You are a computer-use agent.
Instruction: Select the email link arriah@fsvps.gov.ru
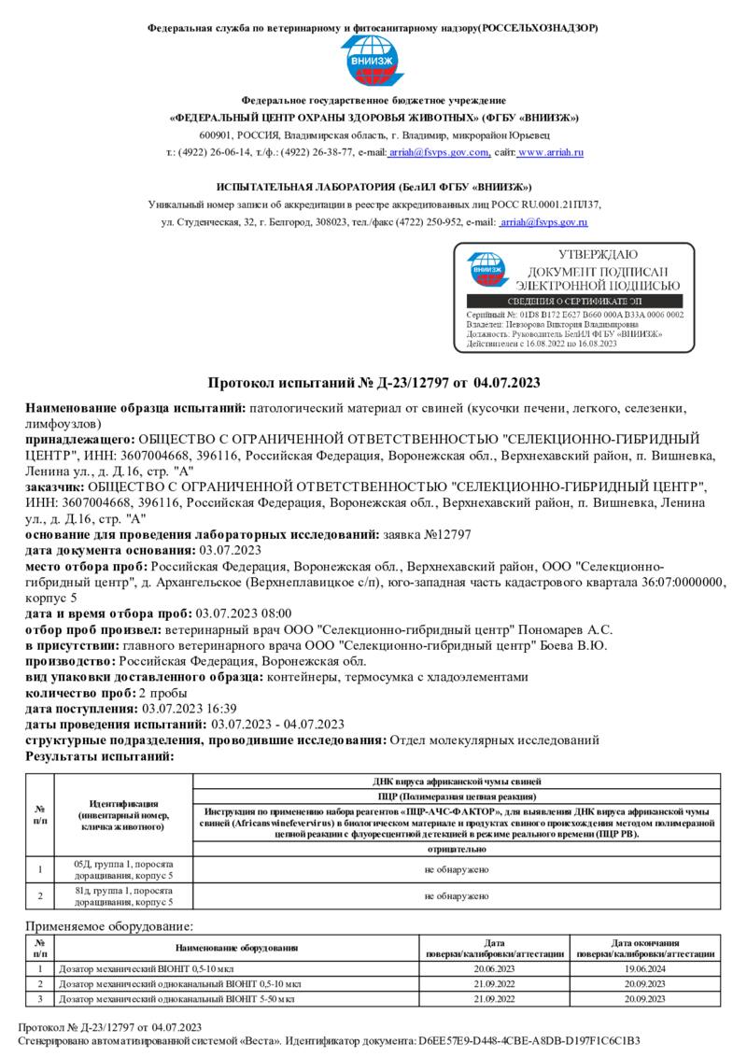543,223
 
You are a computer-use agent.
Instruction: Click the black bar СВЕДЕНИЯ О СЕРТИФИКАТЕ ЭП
579,302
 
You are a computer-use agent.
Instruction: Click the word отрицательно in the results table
457,850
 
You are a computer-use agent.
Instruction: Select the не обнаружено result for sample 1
457,869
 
